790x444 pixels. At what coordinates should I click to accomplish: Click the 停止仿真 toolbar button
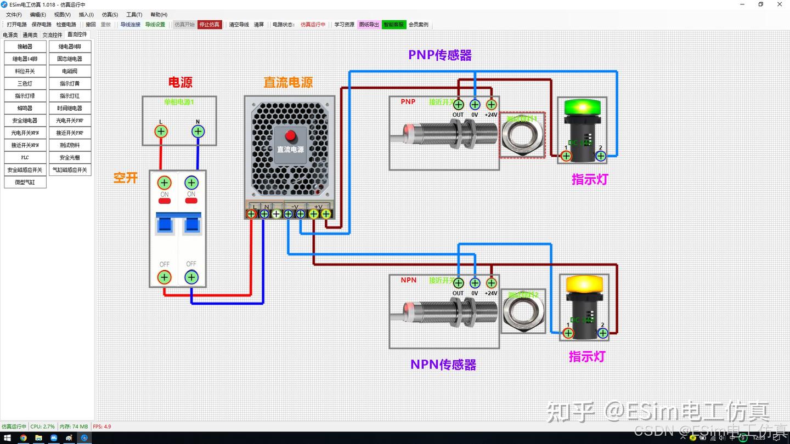tap(210, 24)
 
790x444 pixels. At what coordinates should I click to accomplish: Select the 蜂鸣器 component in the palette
tap(25, 108)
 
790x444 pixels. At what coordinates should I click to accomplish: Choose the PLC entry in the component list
tap(25, 157)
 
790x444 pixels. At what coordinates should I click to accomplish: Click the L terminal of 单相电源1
tap(161, 131)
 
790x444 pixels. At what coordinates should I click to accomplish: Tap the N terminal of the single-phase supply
tap(198, 131)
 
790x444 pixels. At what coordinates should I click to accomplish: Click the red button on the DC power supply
tap(290, 135)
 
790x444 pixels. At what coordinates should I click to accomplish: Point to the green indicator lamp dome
tap(582, 106)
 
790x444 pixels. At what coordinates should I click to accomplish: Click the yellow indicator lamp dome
tap(584, 283)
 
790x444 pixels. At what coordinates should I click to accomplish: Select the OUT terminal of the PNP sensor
tap(459, 104)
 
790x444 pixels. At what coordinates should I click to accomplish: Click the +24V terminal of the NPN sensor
tap(491, 283)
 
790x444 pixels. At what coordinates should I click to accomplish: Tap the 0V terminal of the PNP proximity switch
tap(475, 104)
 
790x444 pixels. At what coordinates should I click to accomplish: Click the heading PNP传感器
tap(440, 55)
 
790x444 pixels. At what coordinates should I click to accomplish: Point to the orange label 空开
tap(125, 178)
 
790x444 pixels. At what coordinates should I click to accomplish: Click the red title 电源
tap(180, 82)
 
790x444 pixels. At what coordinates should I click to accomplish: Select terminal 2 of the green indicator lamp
tap(601, 156)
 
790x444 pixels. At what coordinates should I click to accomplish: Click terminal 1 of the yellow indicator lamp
tap(568, 333)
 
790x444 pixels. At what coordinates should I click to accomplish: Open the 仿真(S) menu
tap(110, 15)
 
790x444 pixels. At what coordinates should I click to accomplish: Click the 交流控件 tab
tap(53, 35)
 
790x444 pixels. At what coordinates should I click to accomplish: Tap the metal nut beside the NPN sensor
tap(523, 311)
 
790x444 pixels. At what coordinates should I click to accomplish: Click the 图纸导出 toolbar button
tap(369, 24)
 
